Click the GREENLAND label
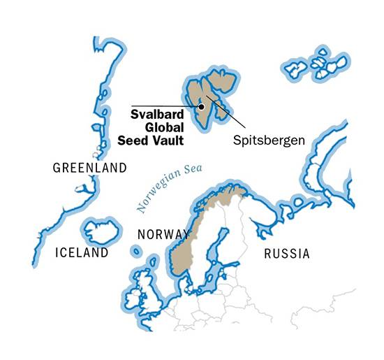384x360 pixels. click(89, 168)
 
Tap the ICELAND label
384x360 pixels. click(82, 252)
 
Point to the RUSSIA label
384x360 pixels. click(286, 253)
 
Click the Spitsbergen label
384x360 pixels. click(269, 141)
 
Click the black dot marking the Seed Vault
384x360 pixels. click(201, 107)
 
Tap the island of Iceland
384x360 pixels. click(101, 231)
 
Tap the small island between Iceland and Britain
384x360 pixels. click(135, 250)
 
